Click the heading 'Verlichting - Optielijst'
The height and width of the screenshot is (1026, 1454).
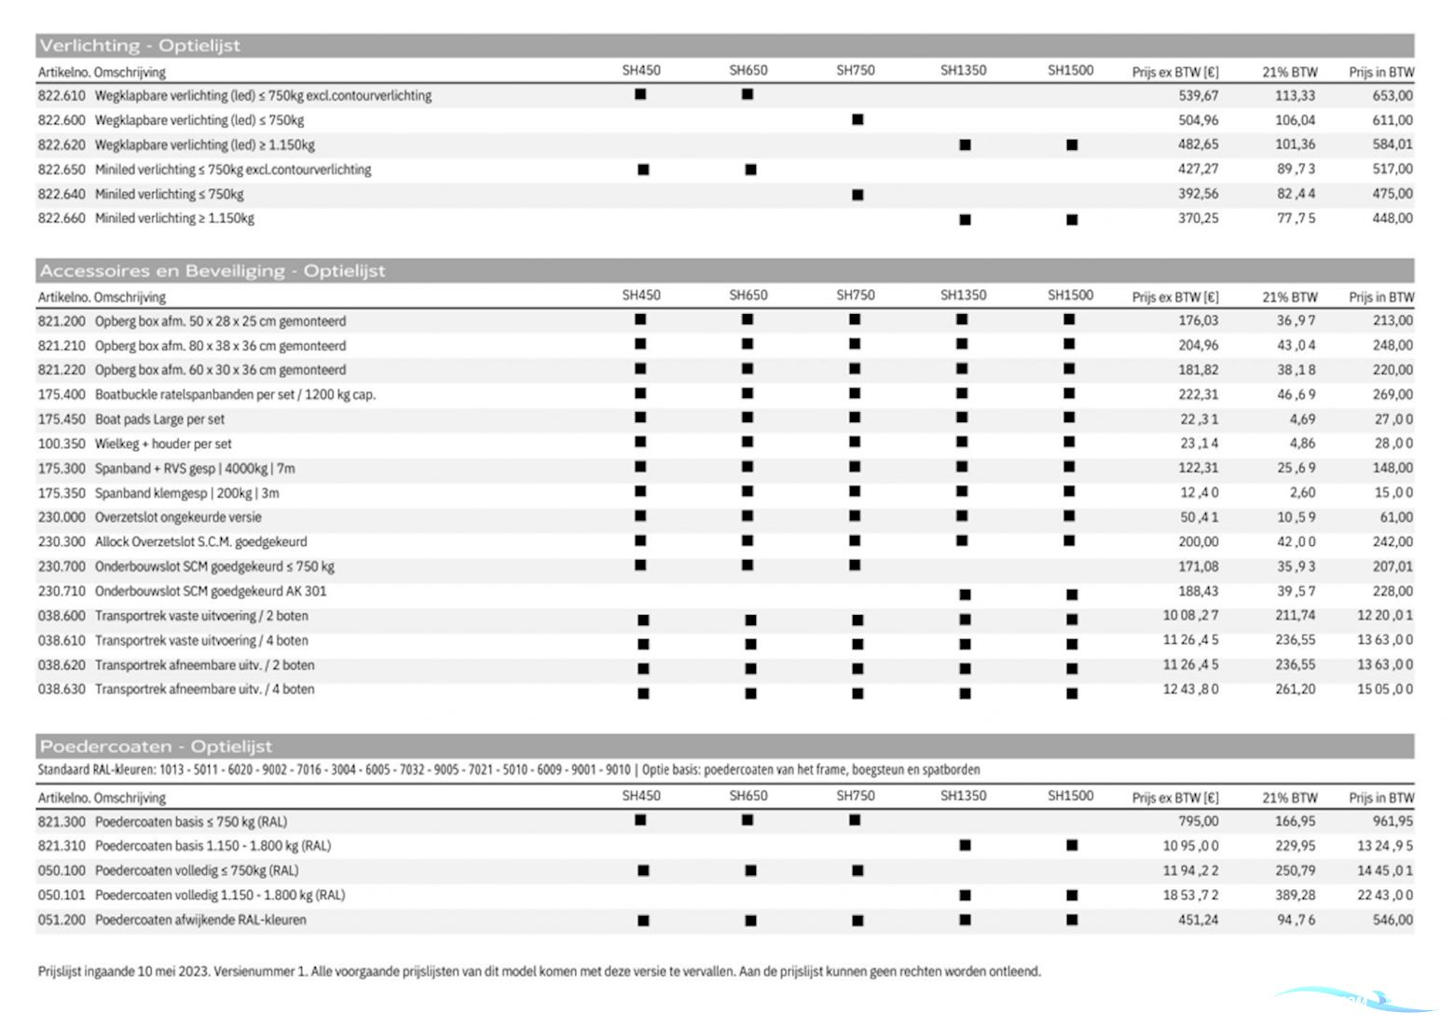click(x=140, y=46)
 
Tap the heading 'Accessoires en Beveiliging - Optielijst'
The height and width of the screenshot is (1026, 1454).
click(x=212, y=271)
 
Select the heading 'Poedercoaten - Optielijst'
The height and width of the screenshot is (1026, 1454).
click(x=156, y=746)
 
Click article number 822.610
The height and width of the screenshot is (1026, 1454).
click(x=62, y=95)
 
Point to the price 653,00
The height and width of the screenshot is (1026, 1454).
click(x=1392, y=95)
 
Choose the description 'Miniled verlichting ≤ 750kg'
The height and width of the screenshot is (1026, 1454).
click(x=169, y=194)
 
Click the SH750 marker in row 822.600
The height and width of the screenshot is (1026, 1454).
click(x=857, y=119)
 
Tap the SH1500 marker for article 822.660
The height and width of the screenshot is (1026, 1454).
click(x=1072, y=220)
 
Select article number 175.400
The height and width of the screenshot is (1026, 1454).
click(x=62, y=394)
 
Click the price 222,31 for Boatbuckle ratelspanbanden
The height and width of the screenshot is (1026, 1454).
click(x=1198, y=394)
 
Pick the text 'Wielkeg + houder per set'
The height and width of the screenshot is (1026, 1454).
click(x=163, y=444)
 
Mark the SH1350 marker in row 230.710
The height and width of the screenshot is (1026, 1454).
click(x=965, y=594)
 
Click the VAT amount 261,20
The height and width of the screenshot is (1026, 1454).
click(x=1295, y=690)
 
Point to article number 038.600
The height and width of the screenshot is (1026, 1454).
click(x=62, y=616)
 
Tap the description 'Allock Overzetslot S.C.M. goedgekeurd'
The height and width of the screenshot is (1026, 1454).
click(x=200, y=541)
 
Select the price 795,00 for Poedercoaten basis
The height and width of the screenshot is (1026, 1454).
click(x=1198, y=821)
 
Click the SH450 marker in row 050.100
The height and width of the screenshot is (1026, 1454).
click(x=643, y=870)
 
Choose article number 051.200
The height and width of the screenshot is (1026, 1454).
click(x=62, y=920)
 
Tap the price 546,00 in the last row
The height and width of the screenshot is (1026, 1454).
click(x=1392, y=920)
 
